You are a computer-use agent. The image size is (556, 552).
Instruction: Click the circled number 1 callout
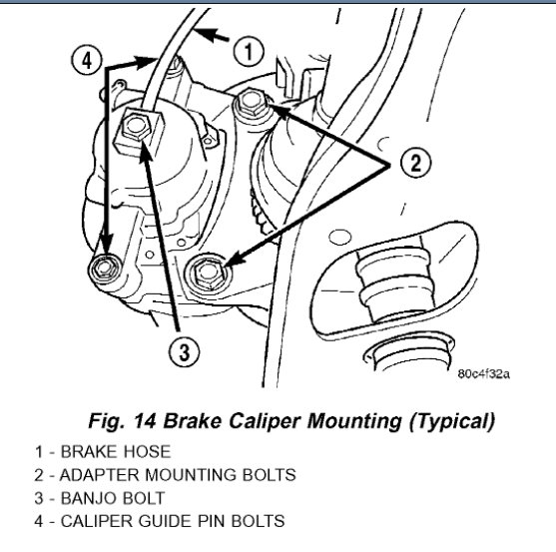pyautogui.click(x=249, y=51)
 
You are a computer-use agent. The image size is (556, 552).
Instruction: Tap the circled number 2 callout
pyautogui.click(x=415, y=163)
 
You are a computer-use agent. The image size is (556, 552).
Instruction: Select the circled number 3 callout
pyautogui.click(x=184, y=352)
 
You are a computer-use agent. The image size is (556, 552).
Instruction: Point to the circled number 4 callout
pyautogui.click(x=87, y=60)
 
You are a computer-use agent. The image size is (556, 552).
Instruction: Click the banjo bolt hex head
pyautogui.click(x=136, y=126)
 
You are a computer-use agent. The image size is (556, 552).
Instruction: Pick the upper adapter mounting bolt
pyautogui.click(x=252, y=103)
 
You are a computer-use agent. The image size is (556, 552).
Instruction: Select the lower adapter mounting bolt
pyautogui.click(x=207, y=273)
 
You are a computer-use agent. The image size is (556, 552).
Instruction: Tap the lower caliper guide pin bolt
pyautogui.click(x=105, y=269)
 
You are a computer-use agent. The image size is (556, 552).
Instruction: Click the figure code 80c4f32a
pyautogui.click(x=483, y=373)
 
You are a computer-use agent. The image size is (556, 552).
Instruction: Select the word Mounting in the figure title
pyautogui.click(x=354, y=421)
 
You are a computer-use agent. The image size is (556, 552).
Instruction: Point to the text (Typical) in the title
pyautogui.click(x=451, y=421)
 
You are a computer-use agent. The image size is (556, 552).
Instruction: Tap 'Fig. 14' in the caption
pyautogui.click(x=122, y=421)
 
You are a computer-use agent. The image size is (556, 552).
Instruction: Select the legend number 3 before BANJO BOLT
pyautogui.click(x=39, y=498)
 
